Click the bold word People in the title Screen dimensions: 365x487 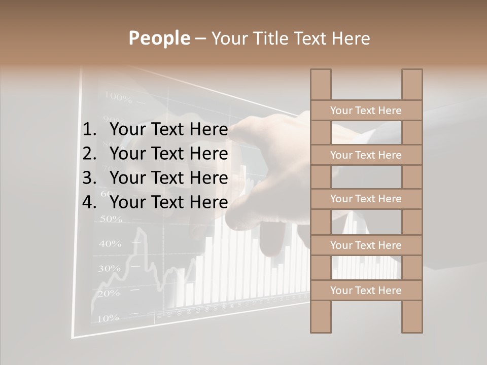point(159,38)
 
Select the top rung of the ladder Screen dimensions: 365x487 point(366,111)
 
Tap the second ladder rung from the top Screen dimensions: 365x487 point(366,155)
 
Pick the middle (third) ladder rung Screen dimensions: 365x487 point(366,199)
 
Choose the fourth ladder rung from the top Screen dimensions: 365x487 point(366,245)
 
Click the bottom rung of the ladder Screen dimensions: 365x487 point(366,290)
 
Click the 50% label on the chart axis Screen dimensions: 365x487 point(111,219)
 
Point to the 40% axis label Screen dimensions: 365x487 point(110,244)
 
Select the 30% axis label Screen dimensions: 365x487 point(109,268)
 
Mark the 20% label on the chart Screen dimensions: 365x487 point(108,293)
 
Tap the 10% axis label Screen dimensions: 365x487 point(107,318)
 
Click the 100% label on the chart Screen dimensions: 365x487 point(118,96)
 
